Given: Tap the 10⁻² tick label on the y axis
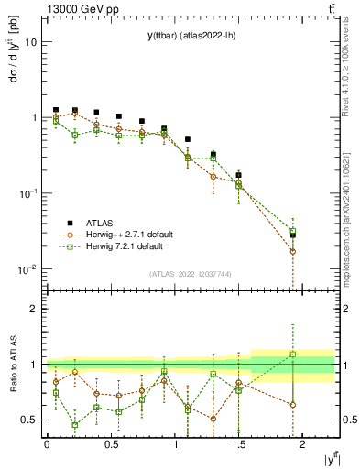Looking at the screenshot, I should (x=28, y=268).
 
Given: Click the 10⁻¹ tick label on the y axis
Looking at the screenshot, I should (x=28, y=193).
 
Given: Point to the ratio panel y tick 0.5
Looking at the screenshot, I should (x=29, y=420).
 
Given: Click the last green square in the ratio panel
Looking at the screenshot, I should (x=293, y=354).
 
